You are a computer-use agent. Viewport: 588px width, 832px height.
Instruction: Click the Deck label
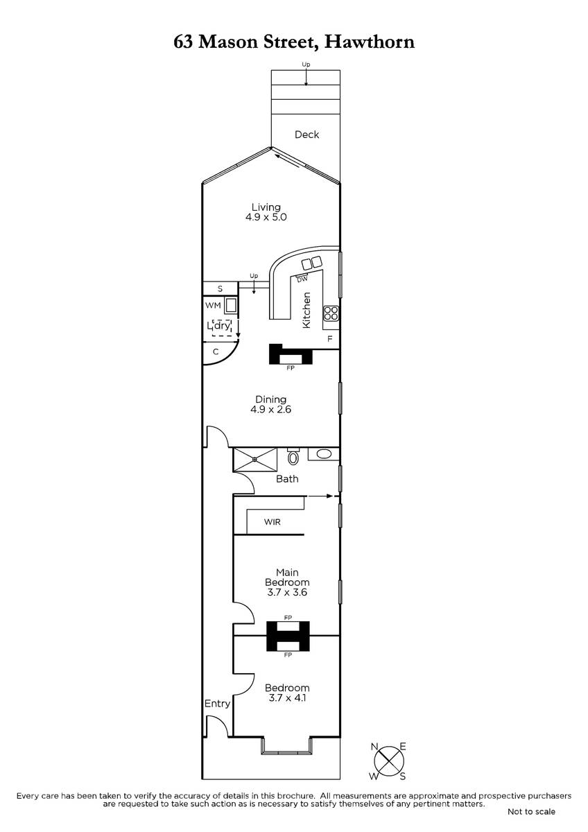pyautogui.click(x=306, y=135)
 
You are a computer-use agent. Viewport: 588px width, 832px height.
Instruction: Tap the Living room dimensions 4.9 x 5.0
pyautogui.click(x=266, y=217)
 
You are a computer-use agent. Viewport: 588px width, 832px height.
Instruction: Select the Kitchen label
pyautogui.click(x=306, y=310)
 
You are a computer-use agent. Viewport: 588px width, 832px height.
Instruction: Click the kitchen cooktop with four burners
pyautogui.click(x=331, y=313)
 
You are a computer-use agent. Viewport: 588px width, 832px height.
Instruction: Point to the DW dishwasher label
pyautogui.click(x=302, y=279)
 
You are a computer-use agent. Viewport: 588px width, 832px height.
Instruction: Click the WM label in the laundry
pyautogui.click(x=213, y=305)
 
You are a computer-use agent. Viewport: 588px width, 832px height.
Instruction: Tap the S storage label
pyautogui.click(x=220, y=288)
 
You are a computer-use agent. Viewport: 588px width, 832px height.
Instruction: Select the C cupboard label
pyautogui.click(x=216, y=352)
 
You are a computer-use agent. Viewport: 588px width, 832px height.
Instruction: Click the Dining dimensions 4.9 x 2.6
pyautogui.click(x=271, y=409)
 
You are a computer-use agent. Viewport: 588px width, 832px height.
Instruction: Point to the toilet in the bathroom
pyautogui.click(x=293, y=456)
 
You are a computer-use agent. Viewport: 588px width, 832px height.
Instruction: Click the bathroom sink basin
pyautogui.click(x=324, y=454)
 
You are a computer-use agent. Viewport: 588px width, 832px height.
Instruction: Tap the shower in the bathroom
pyautogui.click(x=254, y=460)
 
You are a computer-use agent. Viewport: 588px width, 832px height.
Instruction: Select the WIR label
pyautogui.click(x=273, y=522)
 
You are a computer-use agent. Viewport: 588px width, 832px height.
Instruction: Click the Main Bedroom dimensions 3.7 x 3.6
pyautogui.click(x=287, y=592)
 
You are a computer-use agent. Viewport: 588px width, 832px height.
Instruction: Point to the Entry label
pyautogui.click(x=217, y=704)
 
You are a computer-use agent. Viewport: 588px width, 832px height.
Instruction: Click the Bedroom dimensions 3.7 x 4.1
pyautogui.click(x=287, y=697)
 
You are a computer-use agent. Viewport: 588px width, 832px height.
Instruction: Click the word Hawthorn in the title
pyautogui.click(x=370, y=42)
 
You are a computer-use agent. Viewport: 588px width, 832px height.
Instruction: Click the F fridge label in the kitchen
pyautogui.click(x=329, y=339)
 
